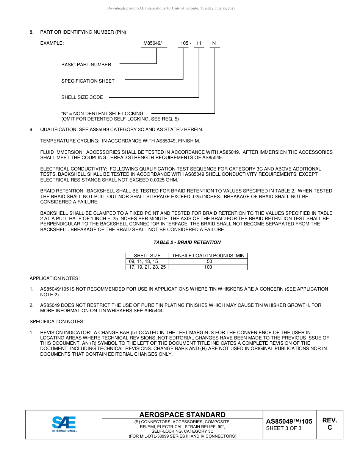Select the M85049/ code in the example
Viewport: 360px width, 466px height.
[152, 43]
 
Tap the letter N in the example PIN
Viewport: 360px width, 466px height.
[214, 43]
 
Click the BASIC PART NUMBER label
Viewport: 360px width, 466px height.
[86, 65]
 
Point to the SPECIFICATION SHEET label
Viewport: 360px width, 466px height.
[88, 81]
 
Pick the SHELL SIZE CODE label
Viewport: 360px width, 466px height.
[82, 97]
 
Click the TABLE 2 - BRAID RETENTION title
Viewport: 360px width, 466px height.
[187, 242]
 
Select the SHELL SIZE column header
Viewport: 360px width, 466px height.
[147, 256]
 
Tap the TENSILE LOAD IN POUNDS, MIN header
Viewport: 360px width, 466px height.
[208, 256]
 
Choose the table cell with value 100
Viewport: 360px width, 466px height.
[208, 267]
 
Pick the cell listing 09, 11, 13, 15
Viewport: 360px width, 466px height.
[143, 261]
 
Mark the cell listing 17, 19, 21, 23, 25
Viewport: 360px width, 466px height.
[147, 267]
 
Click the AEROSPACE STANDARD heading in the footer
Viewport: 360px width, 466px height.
[182, 415]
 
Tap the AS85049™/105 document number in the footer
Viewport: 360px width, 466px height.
[289, 421]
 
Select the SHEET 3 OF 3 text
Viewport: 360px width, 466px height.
[284, 428]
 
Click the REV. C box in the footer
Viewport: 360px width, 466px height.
[329, 424]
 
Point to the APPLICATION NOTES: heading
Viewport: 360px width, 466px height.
[55, 278]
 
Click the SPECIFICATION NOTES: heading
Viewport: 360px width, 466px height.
[57, 322]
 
